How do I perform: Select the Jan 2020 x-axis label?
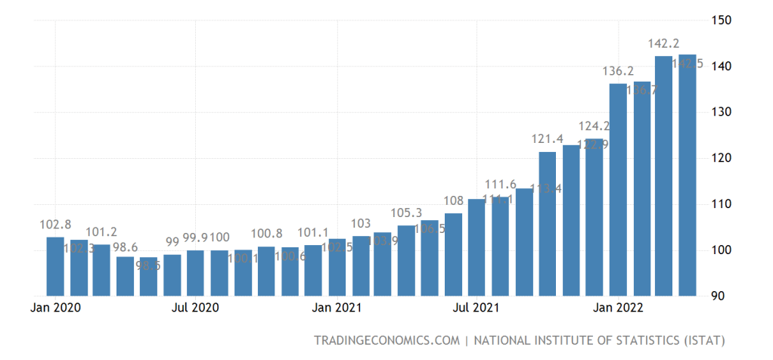pyautogui.click(x=56, y=308)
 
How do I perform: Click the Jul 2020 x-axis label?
pyautogui.click(x=195, y=308)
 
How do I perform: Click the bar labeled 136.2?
pyautogui.click(x=618, y=189)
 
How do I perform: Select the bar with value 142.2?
pyautogui.click(x=663, y=175)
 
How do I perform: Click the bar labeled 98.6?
pyautogui.click(x=125, y=276)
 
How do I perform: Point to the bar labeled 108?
pyautogui.click(x=453, y=254)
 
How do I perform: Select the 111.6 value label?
pyautogui.click(x=501, y=185)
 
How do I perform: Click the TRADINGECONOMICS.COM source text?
pyautogui.click(x=387, y=340)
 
